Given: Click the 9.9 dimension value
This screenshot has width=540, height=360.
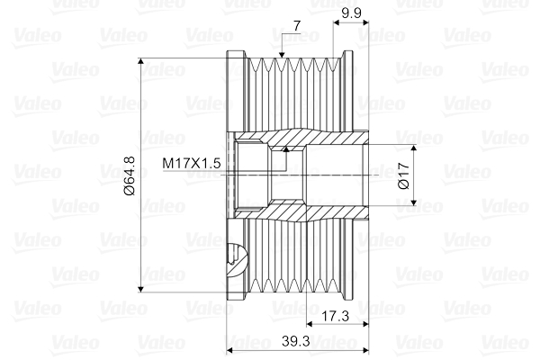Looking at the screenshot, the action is coord(351,13).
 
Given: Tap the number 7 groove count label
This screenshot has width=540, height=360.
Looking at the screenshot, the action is coord(297,26).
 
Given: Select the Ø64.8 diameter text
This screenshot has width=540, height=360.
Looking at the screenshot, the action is coord(130,175).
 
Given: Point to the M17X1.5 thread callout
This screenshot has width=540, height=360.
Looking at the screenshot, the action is coord(191,163).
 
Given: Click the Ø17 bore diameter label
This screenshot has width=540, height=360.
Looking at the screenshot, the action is coord(403,175).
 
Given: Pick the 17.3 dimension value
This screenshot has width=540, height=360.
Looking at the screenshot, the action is coord(335,316).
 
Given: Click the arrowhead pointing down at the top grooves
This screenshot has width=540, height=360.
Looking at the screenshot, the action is coord(282,55).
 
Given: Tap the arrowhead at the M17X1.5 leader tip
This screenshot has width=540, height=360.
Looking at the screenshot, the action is coord(285,148).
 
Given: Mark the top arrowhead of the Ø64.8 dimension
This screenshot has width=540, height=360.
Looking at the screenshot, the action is coord(140,62).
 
